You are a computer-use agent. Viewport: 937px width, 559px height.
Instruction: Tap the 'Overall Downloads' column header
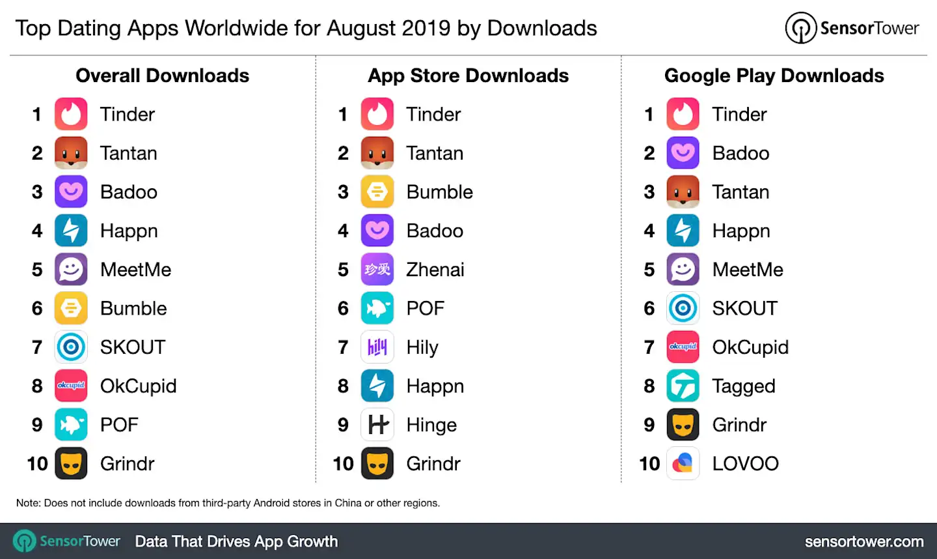pos(162,76)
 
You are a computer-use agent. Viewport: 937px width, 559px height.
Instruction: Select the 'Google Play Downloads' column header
pos(774,76)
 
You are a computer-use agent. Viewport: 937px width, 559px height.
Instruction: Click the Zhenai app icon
pos(377,270)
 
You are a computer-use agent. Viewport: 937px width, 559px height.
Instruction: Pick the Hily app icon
pos(377,347)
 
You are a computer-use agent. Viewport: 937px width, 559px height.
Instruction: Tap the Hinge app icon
pos(377,425)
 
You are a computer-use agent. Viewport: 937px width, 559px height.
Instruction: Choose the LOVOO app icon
pos(683,463)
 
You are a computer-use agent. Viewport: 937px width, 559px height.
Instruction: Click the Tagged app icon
pos(683,386)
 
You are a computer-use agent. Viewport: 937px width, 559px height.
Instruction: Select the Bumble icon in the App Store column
pos(377,192)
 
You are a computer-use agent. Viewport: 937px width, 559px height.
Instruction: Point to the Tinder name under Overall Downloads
pos(127,115)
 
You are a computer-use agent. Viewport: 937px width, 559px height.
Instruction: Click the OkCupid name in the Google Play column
pos(750,347)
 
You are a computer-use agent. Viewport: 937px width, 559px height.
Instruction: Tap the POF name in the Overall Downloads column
pos(119,425)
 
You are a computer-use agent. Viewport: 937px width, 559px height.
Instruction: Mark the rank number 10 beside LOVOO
pos(649,463)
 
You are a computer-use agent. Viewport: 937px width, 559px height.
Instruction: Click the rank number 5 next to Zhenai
pos(343,270)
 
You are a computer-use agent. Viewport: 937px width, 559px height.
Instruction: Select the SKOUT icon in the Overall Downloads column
pos(71,347)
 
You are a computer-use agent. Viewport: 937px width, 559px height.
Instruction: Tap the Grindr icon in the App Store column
pos(377,463)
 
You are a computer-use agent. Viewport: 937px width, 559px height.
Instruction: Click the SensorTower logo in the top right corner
pos(852,28)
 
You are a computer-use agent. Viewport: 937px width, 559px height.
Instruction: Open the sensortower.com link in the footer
pos(863,541)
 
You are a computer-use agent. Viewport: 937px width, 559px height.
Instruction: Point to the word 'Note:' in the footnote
pos(28,503)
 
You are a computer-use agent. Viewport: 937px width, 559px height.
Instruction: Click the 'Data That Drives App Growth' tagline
pos(236,541)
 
